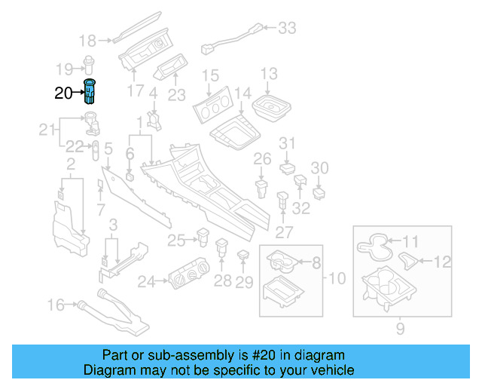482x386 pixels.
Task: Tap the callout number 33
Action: click(x=287, y=29)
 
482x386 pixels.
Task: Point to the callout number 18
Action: click(x=87, y=40)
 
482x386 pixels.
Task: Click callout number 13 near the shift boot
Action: click(x=269, y=73)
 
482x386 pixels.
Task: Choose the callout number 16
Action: click(x=56, y=305)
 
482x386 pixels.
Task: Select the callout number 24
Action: click(x=145, y=282)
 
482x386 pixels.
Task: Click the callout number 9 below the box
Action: click(x=399, y=329)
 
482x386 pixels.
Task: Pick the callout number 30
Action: click(x=320, y=168)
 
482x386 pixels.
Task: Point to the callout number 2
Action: click(x=70, y=164)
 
